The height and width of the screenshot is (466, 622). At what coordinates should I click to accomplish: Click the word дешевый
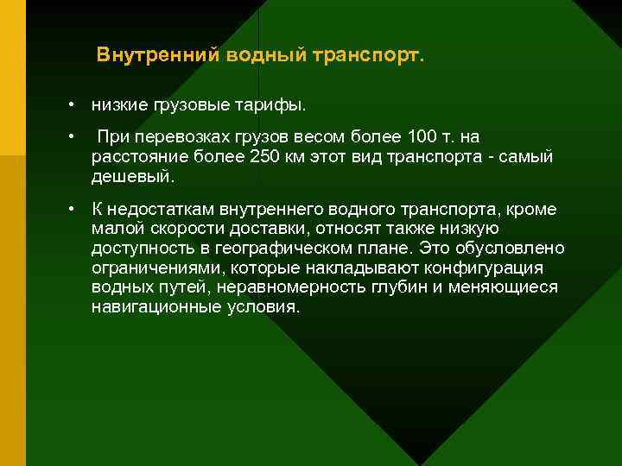pos(131,178)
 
